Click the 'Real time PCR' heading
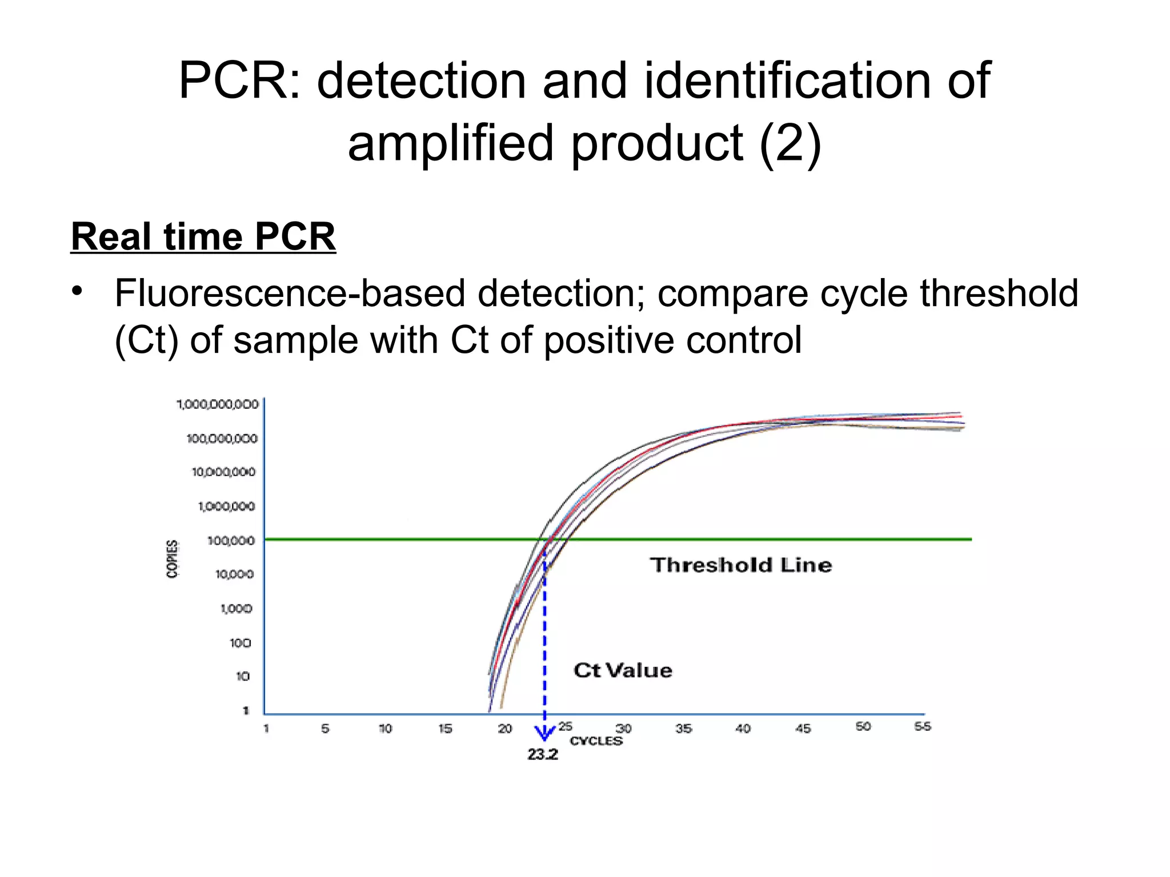(203, 236)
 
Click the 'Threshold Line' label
(740, 565)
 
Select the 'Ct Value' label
(623, 670)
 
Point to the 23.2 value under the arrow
(542, 755)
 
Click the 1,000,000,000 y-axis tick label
(218, 404)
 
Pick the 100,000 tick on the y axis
(231, 540)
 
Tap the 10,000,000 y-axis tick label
(223, 472)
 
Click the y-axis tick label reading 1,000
(236, 609)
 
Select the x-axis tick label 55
(922, 726)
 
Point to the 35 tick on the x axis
(683, 729)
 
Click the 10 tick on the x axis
(385, 729)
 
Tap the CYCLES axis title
(596, 741)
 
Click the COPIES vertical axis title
(172, 559)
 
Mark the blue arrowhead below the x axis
(544, 733)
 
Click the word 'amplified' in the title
(451, 143)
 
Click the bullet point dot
(78, 291)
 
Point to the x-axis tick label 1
(266, 729)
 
